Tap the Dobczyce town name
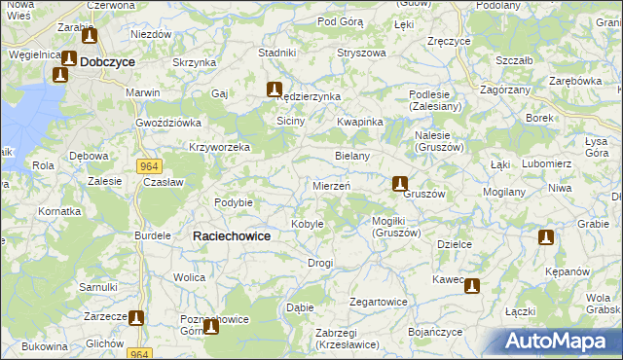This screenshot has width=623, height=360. (x=107, y=60)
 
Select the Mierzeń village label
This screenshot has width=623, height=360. (x=331, y=185)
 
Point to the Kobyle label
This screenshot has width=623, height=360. (x=308, y=224)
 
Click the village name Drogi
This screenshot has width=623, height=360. (x=320, y=263)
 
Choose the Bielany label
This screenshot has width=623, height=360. (x=351, y=156)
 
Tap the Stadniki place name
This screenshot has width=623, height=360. (x=276, y=52)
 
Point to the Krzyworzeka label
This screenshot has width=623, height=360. (x=220, y=147)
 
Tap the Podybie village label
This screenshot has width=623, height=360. (x=234, y=202)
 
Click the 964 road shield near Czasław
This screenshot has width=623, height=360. (x=148, y=166)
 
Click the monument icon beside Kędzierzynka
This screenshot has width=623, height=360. (x=275, y=89)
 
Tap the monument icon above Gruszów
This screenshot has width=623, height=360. (x=399, y=182)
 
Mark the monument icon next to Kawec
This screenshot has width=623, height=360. (x=472, y=285)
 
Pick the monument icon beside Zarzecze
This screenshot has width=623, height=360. (x=136, y=317)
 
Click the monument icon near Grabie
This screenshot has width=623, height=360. (x=546, y=236)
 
